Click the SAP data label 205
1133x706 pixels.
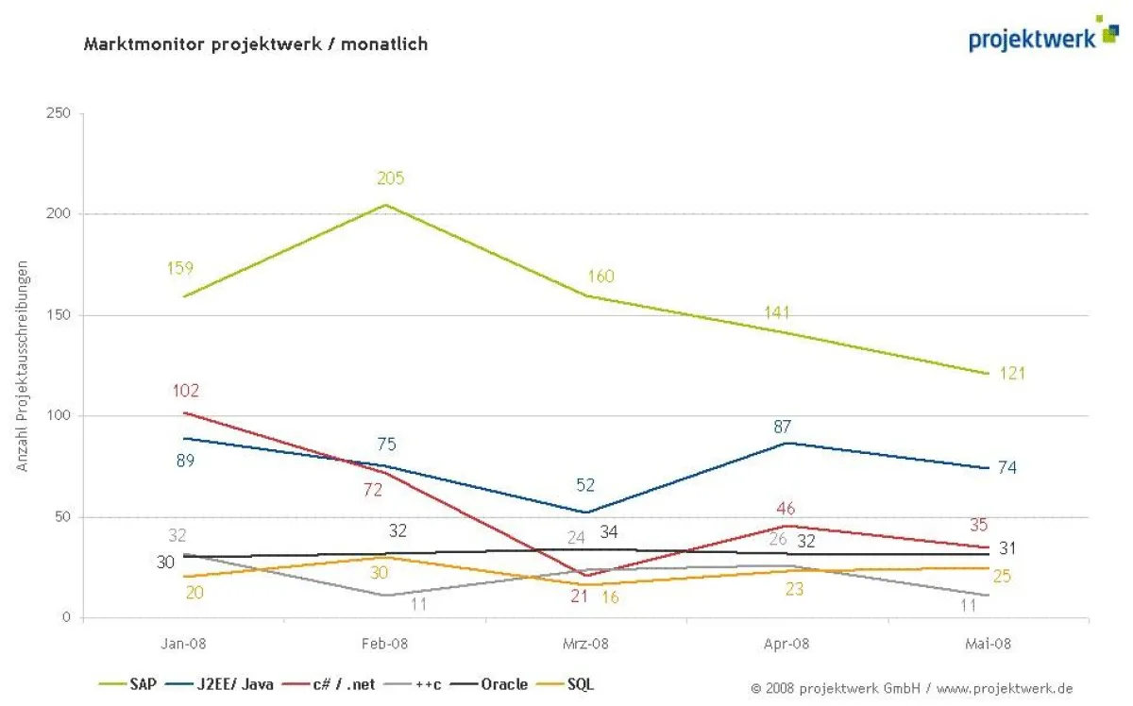(390, 178)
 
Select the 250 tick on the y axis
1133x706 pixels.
(59, 113)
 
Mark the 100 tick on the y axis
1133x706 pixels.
(59, 416)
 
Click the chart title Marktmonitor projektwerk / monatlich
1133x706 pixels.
(256, 43)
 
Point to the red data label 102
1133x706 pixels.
(186, 391)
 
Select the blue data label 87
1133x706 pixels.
(782, 427)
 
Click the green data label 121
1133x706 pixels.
(1011, 373)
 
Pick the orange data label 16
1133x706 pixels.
(609, 597)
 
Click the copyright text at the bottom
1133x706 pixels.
(911, 688)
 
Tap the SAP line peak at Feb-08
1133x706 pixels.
(386, 205)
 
